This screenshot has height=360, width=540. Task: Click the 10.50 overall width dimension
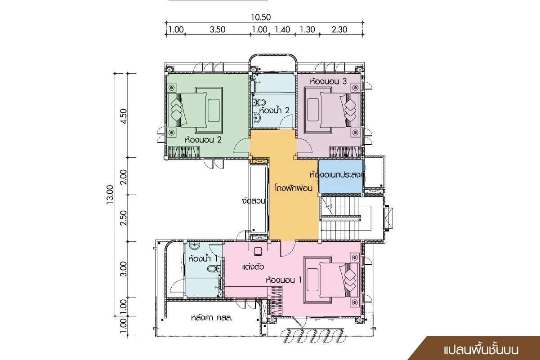(261, 18)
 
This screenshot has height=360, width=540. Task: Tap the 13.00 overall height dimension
(110, 195)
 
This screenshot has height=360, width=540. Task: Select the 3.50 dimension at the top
(218, 30)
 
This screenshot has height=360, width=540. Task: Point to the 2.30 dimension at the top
(339, 30)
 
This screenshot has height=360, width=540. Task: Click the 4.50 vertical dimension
(124, 116)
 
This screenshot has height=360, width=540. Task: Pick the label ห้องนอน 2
(203, 140)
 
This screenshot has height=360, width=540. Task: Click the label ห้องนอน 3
(328, 81)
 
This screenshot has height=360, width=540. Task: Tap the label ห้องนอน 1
(284, 280)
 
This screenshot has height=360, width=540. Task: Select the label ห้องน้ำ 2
(274, 110)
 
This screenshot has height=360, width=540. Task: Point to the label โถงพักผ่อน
(294, 188)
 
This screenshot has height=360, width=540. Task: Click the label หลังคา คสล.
(212, 318)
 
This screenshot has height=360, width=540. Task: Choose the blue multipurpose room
(340, 176)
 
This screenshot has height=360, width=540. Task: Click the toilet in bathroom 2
(259, 102)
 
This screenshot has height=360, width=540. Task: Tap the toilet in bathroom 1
(214, 268)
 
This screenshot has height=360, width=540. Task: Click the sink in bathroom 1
(194, 246)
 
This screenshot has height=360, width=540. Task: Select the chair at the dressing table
(258, 251)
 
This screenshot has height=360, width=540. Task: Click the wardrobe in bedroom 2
(184, 152)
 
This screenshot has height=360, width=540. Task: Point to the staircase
(345, 218)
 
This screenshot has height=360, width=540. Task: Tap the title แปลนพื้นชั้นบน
(481, 350)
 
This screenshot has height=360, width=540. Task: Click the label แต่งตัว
(253, 267)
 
